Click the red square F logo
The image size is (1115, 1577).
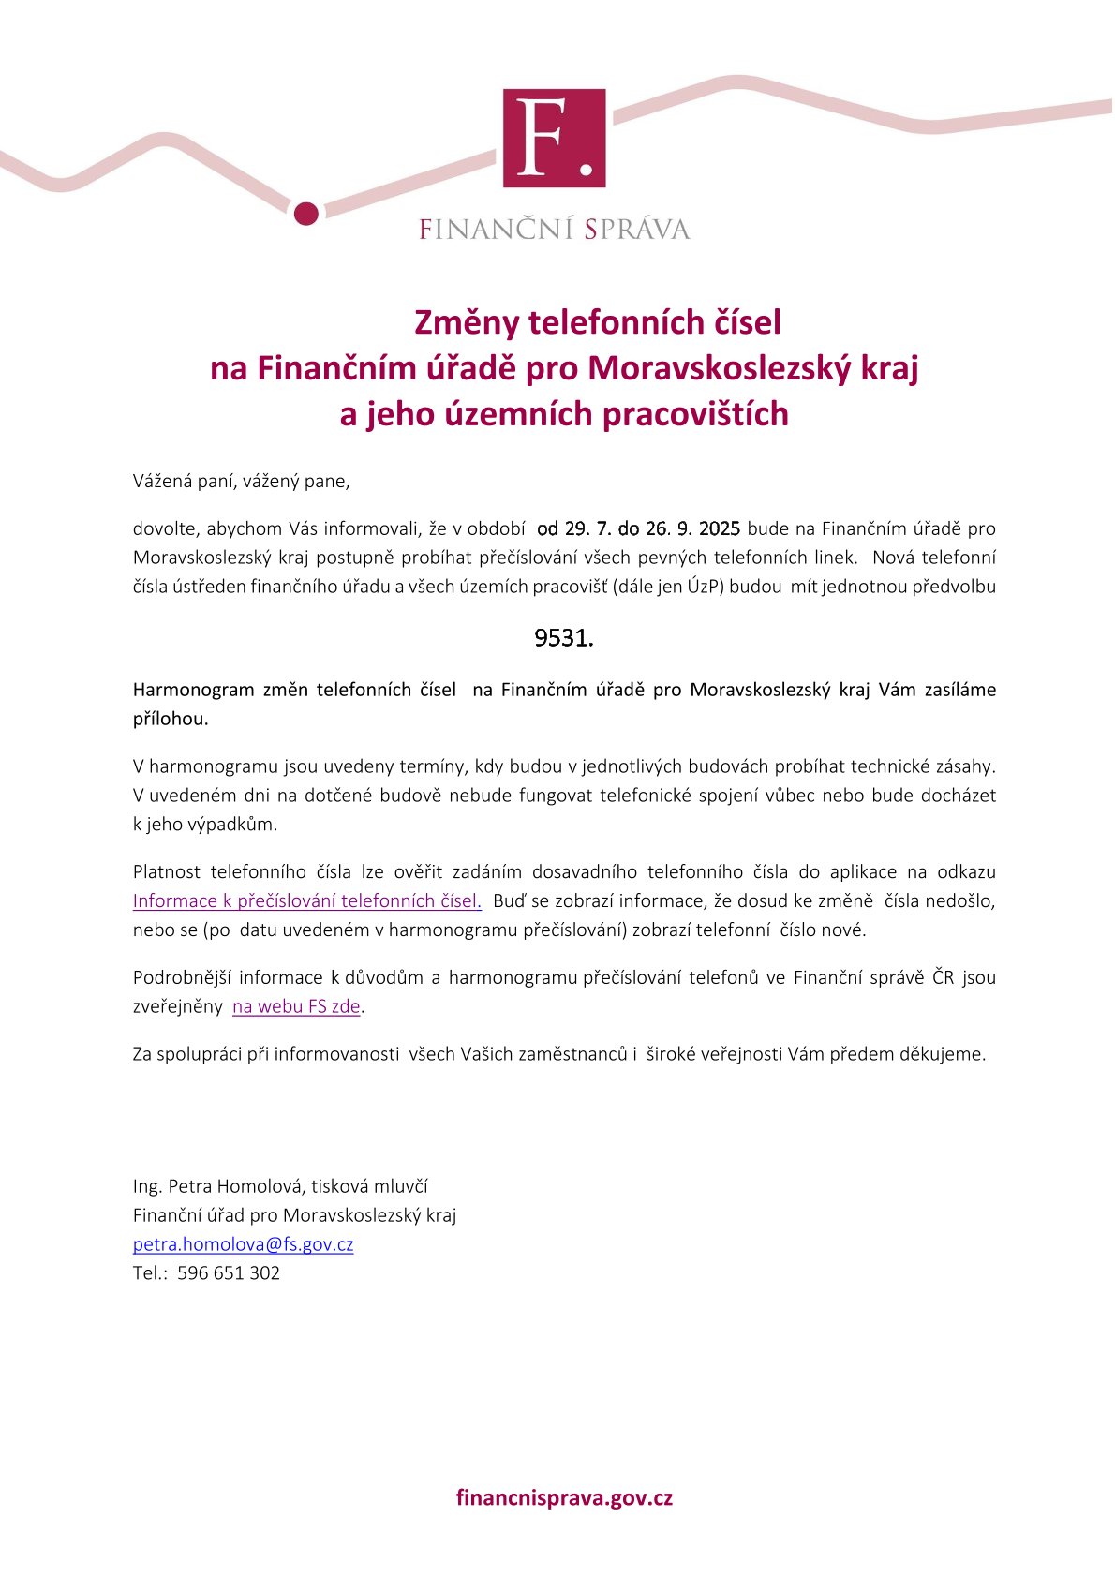pos(554,139)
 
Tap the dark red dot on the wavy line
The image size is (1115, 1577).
pos(306,214)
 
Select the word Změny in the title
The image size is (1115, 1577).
pos(467,322)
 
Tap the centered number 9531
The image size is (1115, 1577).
pos(563,638)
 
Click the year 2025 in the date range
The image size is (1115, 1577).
pos(720,528)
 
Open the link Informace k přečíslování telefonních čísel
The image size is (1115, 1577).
pos(306,901)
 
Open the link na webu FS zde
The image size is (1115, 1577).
pos(296,1007)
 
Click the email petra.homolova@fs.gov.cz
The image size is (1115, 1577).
pos(243,1245)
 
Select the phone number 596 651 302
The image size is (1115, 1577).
pos(229,1273)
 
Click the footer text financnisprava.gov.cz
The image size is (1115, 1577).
pos(564,1497)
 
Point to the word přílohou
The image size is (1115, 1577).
pos(171,720)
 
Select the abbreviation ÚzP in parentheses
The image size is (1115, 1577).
pos(704,588)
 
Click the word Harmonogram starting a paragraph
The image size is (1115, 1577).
pos(194,691)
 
